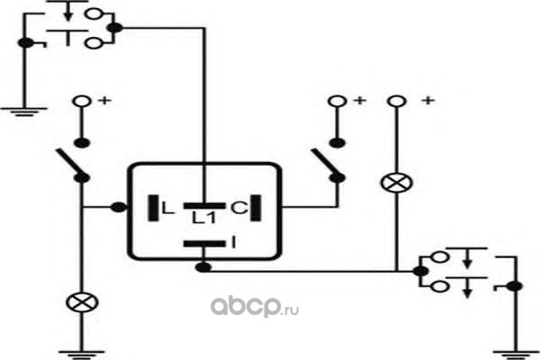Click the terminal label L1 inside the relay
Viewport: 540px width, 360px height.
[x=204, y=218]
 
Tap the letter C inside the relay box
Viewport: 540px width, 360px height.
[x=238, y=208]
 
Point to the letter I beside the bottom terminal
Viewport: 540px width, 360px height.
[x=234, y=242]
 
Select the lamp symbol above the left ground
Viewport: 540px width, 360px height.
[x=82, y=302]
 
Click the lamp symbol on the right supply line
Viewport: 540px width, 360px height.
[x=397, y=183]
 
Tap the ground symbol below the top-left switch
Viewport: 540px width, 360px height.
[x=24, y=112]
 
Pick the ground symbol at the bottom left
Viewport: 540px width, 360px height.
[x=82, y=355]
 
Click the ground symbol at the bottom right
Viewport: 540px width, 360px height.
[x=516, y=355]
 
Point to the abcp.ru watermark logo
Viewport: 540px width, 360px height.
[x=255, y=306]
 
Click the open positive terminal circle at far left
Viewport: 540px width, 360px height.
[x=82, y=102]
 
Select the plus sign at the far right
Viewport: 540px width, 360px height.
[x=428, y=101]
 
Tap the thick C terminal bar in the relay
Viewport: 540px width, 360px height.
[x=256, y=208]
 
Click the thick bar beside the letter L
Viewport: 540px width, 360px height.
[x=153, y=208]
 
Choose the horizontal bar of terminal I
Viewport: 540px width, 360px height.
[x=204, y=244]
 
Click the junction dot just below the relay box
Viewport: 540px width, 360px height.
[x=203, y=267]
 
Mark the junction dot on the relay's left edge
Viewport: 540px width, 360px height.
[x=119, y=207]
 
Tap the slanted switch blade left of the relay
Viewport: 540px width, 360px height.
[x=72, y=163]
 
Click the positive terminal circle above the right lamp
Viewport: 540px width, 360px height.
[x=397, y=102]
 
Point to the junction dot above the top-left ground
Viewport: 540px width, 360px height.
[x=26, y=43]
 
